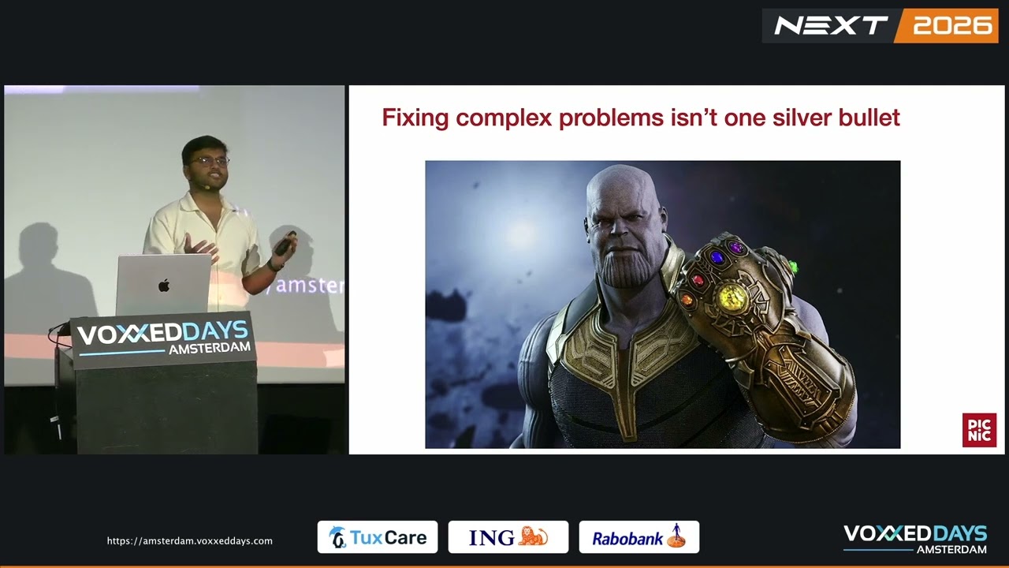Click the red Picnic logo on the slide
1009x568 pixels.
[x=979, y=430]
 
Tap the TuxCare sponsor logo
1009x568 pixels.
[x=378, y=537]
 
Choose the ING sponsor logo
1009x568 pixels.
[x=508, y=537]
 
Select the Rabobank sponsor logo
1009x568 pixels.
[x=639, y=537]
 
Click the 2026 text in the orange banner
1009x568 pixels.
[x=952, y=26]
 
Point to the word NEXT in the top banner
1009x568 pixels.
[x=831, y=26]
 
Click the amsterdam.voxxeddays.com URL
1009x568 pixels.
[x=190, y=541]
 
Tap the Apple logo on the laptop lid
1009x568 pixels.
[x=164, y=286]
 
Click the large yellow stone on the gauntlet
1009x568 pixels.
[x=732, y=296]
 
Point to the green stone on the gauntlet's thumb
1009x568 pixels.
[x=793, y=267]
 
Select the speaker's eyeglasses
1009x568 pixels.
[x=210, y=162]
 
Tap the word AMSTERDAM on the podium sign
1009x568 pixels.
[x=210, y=349]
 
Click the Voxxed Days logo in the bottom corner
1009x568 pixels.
[x=915, y=539]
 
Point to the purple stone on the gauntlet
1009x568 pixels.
[x=737, y=247]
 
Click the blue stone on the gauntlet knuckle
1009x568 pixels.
[x=717, y=258]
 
